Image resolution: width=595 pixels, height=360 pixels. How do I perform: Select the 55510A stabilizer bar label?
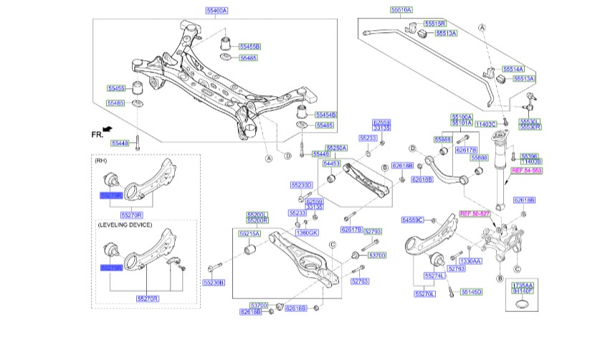click(401, 10)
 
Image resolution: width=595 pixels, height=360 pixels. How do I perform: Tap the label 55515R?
click(434, 24)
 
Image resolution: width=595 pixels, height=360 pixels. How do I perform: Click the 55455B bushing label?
click(249, 46)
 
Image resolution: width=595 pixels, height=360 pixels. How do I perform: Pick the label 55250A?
click(336, 148)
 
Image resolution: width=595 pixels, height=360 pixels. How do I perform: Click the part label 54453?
click(332, 164)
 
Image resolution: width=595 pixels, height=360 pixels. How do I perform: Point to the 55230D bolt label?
click(302, 185)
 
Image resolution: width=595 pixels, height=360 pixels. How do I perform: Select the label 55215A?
click(251, 234)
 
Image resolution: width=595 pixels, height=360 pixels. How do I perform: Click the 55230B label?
click(214, 283)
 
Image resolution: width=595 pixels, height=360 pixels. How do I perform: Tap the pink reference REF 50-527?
click(474, 213)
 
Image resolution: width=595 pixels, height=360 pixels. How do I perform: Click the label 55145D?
click(471, 292)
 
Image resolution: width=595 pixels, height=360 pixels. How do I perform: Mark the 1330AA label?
click(471, 261)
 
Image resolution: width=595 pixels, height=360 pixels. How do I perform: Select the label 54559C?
click(413, 219)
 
